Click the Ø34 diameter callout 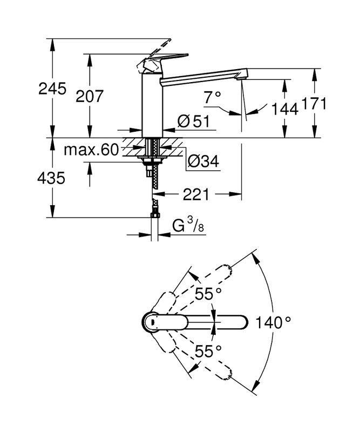[x=202, y=160]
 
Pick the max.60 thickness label [x=91, y=150]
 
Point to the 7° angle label [x=213, y=97]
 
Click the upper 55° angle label [x=209, y=295]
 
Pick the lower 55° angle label [x=209, y=351]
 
